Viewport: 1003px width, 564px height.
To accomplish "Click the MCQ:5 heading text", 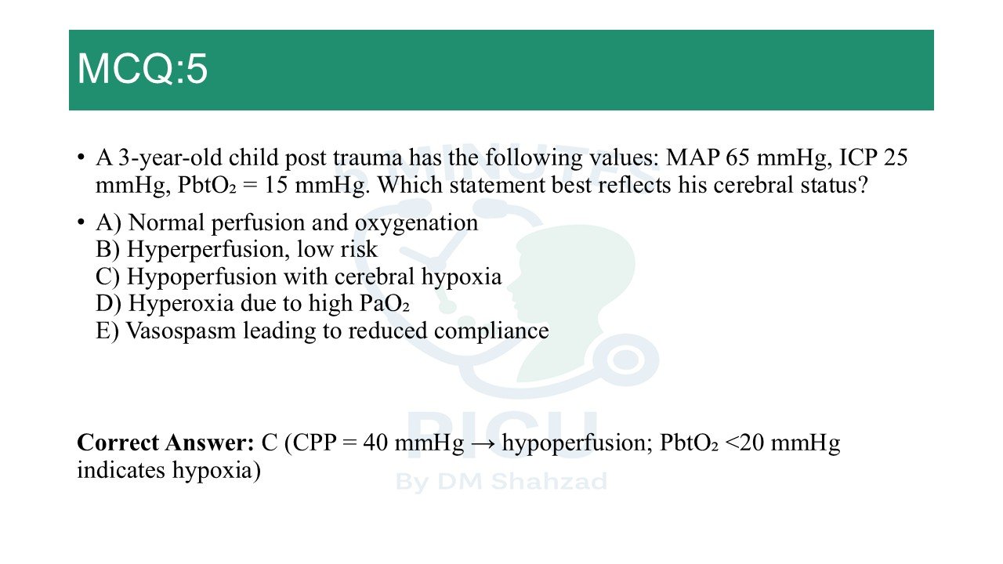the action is (x=143, y=68).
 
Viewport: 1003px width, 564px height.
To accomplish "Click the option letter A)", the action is (x=108, y=223).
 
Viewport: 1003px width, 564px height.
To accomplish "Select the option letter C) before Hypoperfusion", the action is (x=107, y=277).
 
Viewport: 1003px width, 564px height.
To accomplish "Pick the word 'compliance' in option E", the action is (x=491, y=331).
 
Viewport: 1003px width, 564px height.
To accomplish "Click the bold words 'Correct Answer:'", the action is (x=165, y=443).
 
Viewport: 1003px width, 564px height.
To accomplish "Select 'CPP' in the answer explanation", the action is (x=315, y=443).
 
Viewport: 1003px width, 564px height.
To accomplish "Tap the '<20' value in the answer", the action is (x=744, y=443).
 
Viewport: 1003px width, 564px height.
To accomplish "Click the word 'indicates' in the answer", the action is (x=121, y=470).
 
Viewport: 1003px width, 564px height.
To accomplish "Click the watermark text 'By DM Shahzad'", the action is (x=501, y=482).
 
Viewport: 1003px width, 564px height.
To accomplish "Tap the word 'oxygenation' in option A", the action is (x=416, y=223).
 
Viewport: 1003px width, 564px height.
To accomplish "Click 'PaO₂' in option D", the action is (x=385, y=304).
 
